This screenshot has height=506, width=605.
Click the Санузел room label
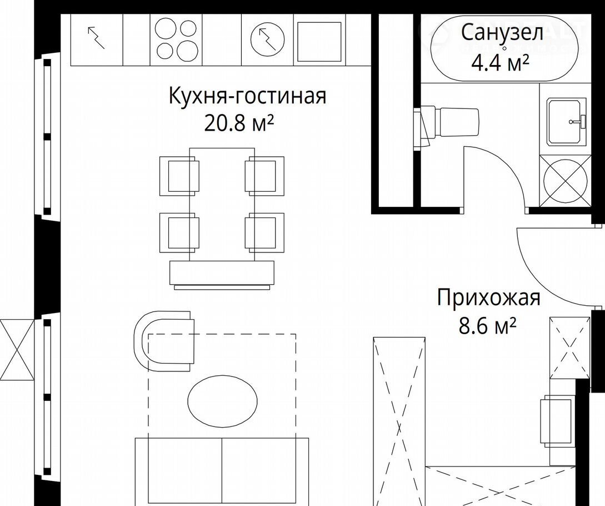coord(502,33)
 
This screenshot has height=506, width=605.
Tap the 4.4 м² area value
coord(500,63)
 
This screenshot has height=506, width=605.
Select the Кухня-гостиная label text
coord(247,96)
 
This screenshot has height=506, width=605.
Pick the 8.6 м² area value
coord(487,326)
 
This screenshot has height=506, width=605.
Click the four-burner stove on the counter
coord(176,39)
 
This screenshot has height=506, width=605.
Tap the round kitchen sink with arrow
coord(267,39)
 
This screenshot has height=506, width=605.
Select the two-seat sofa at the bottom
coord(222,471)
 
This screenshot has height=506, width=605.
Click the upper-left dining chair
coord(179,176)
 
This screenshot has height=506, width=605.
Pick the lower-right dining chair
coord(264,233)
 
